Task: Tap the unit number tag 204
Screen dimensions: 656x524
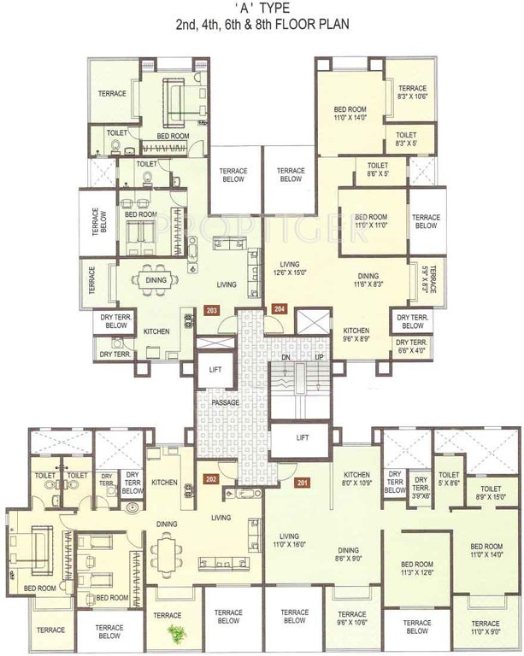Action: (x=279, y=309)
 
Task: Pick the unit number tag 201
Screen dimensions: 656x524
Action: (x=301, y=480)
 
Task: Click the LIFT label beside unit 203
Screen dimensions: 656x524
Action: (x=215, y=370)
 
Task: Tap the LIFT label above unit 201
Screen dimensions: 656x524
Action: (x=302, y=437)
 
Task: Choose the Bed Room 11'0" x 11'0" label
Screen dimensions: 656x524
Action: (x=373, y=221)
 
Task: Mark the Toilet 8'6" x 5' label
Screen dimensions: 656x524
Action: (x=378, y=170)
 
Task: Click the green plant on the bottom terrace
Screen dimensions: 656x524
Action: (x=177, y=632)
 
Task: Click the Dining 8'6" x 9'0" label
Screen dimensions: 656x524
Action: (x=347, y=555)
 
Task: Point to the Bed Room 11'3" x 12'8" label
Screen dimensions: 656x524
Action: (x=418, y=570)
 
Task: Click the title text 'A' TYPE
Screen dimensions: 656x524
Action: (x=262, y=9)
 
